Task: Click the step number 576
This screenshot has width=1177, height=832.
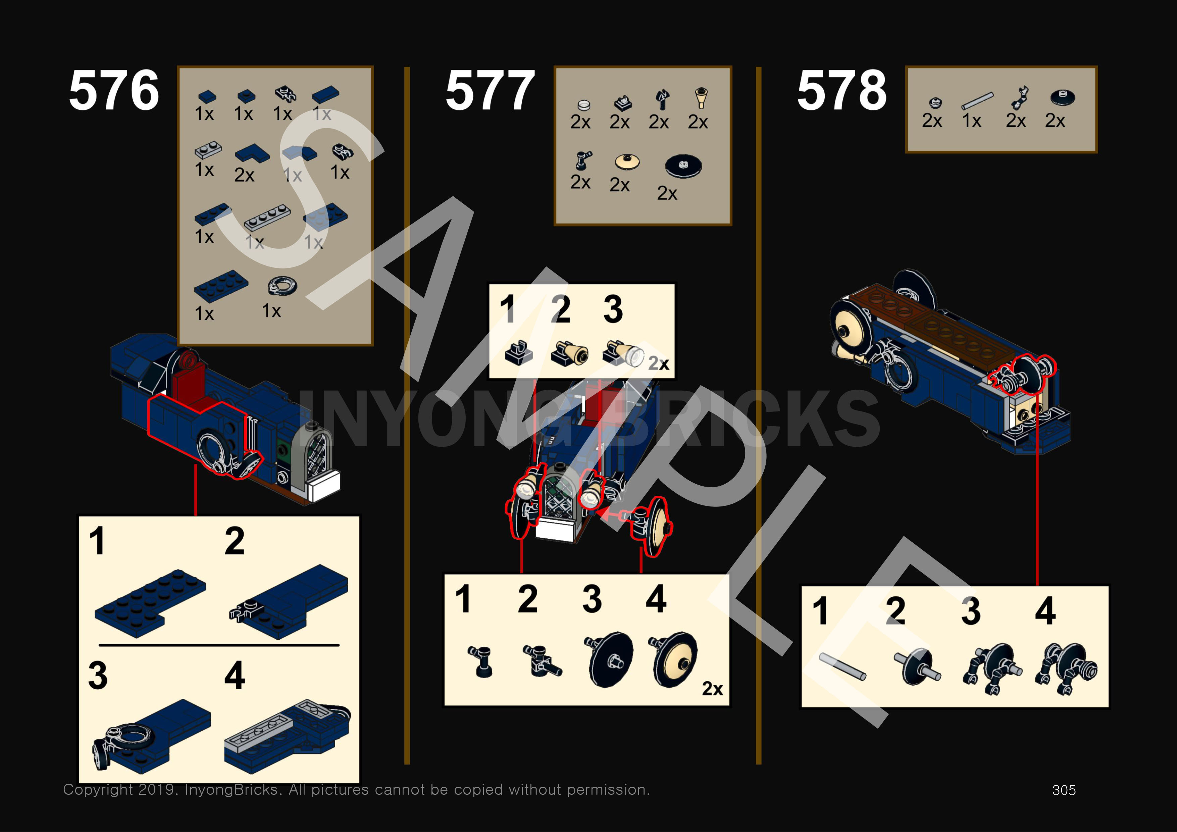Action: tap(114, 91)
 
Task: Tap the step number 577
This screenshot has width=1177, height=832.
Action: tap(490, 91)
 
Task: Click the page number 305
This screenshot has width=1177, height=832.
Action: tap(1064, 790)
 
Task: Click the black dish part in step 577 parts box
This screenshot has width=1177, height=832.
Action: tap(683, 165)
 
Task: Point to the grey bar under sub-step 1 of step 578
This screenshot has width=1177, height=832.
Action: tap(842, 667)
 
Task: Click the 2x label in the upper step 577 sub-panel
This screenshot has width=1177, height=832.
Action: tap(658, 363)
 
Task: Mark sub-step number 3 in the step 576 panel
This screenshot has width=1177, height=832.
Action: tap(98, 675)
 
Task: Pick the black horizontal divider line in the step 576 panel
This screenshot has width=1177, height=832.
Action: tap(219, 645)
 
